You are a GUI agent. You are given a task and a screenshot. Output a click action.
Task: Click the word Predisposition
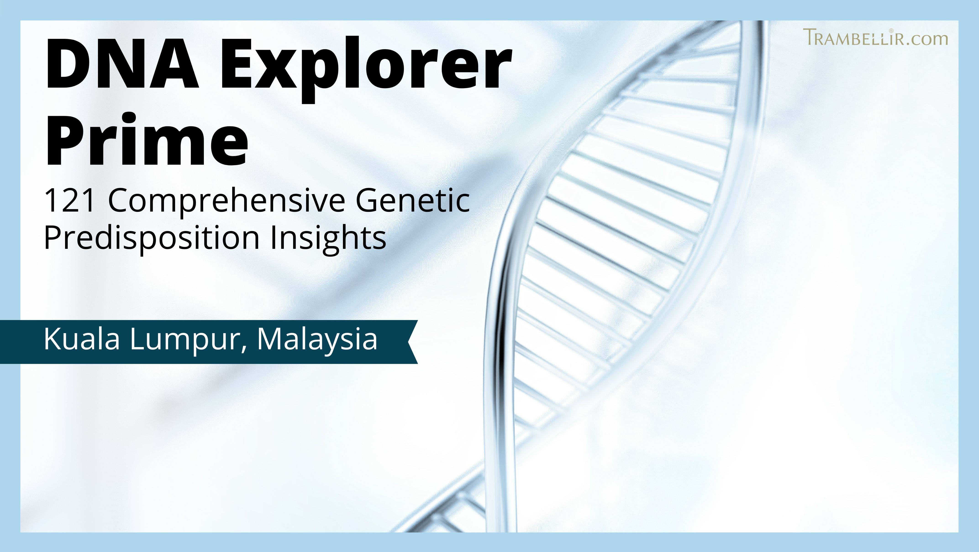tap(152, 239)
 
